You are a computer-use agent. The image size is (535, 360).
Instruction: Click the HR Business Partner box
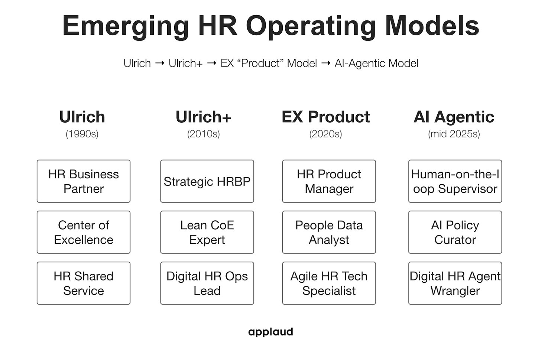(84, 181)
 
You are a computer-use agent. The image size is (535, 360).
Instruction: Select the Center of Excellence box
(84, 232)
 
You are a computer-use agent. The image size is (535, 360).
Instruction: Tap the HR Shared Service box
(84, 283)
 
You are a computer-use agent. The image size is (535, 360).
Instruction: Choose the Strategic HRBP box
(207, 181)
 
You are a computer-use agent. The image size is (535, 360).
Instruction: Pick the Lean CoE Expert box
(207, 232)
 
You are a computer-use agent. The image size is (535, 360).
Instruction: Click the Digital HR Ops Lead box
(207, 283)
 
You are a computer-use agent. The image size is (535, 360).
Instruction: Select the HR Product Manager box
(329, 181)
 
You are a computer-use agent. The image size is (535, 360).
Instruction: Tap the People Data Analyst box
(329, 232)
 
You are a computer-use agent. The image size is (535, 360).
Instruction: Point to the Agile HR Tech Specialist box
(329, 283)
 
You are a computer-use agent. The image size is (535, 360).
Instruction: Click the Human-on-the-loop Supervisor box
(455, 181)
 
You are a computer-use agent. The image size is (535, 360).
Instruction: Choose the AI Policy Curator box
(455, 232)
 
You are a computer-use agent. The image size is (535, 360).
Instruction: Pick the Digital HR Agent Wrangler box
(455, 283)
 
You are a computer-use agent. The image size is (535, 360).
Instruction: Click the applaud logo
(270, 332)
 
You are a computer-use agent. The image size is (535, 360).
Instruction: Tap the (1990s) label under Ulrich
(82, 134)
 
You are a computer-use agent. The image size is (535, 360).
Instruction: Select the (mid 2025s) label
(454, 134)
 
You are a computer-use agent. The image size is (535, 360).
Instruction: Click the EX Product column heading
(325, 117)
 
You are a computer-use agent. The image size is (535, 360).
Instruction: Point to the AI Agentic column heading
(454, 117)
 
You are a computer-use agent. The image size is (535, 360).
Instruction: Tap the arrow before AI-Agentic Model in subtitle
(325, 63)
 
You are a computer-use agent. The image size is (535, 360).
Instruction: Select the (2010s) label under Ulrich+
(204, 134)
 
